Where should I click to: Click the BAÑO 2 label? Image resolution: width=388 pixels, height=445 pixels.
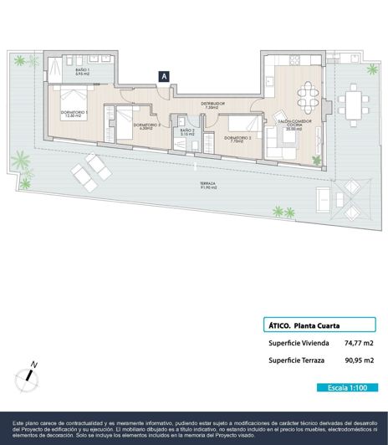click(x=187, y=132)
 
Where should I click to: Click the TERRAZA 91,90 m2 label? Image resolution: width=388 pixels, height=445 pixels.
click(x=209, y=186)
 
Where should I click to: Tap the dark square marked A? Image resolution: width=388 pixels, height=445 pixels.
click(x=165, y=76)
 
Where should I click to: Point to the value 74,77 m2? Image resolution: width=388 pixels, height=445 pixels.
click(x=359, y=343)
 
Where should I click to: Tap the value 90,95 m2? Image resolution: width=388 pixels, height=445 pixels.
click(x=359, y=361)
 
